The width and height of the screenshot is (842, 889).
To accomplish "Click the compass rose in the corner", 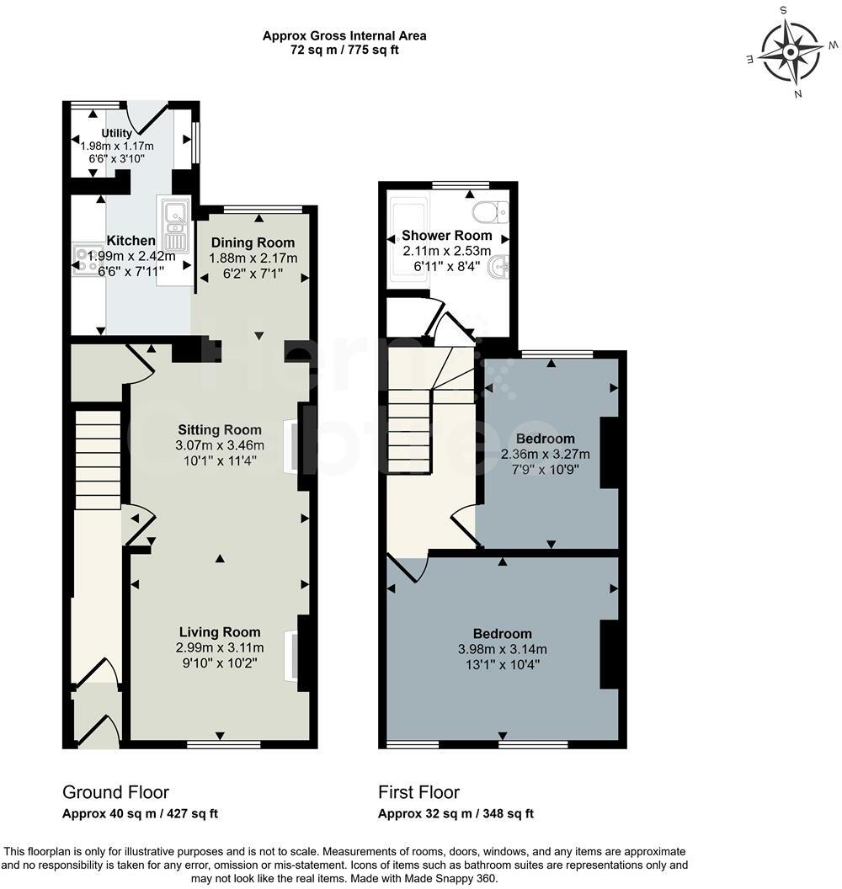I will (x=791, y=52).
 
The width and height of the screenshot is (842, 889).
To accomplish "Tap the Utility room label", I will (x=116, y=133).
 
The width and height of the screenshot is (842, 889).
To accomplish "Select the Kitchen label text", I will (x=131, y=241).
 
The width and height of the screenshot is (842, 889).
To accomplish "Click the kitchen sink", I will (x=175, y=221).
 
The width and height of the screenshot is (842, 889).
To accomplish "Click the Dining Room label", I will (x=253, y=243).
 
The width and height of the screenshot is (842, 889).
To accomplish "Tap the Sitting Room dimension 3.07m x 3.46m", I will (x=219, y=445).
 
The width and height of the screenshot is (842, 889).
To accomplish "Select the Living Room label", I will (x=219, y=632).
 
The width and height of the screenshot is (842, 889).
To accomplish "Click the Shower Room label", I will (x=446, y=235).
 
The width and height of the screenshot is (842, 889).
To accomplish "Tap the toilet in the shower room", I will (x=488, y=210).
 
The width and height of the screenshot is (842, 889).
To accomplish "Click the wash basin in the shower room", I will (x=502, y=268).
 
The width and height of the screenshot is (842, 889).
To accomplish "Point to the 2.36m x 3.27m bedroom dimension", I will (x=545, y=454).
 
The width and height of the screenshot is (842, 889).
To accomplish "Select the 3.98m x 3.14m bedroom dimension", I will (x=502, y=649).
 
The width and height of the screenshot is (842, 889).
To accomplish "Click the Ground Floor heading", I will (x=115, y=792).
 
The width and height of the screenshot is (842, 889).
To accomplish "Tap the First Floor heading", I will (x=418, y=792).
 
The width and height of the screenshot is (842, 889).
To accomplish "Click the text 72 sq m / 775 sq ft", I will (x=344, y=50).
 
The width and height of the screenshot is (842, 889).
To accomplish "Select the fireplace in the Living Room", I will (x=292, y=656).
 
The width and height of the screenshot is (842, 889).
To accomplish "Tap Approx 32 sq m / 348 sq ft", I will (x=456, y=814).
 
